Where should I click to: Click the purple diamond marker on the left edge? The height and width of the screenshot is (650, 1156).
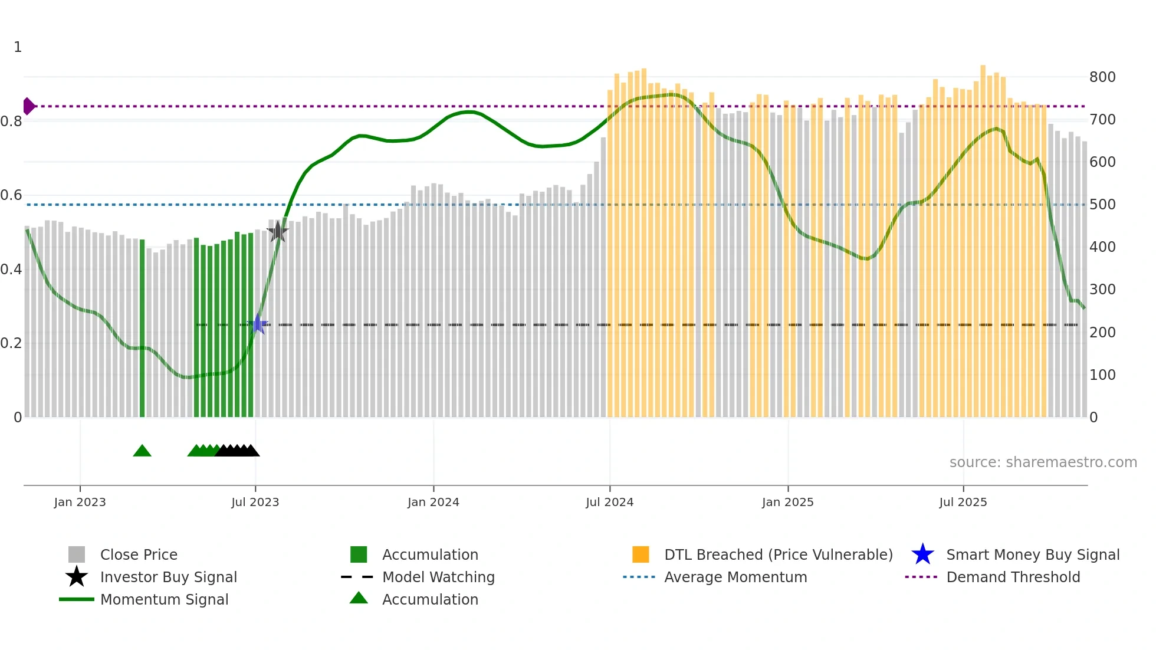[x=28, y=106]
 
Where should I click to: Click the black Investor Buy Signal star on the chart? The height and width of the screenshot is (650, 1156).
[x=277, y=232]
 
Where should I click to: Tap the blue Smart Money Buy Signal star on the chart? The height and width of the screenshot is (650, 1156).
[x=258, y=324]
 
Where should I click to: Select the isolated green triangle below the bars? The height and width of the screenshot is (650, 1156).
[x=142, y=451]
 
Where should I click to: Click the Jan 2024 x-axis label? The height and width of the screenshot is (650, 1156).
[x=433, y=503]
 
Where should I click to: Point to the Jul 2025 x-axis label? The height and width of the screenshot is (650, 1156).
[x=963, y=503]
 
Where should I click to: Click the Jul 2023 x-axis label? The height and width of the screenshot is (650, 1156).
[x=255, y=503]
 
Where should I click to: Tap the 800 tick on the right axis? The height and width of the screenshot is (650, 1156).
[x=1102, y=77]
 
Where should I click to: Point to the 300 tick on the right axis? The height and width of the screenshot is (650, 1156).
[x=1102, y=290]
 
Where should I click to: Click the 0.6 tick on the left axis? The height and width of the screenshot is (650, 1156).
[x=11, y=195]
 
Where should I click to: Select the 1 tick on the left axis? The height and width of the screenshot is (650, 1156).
[x=18, y=47]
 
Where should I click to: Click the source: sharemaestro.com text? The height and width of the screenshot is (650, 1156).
[x=1043, y=462]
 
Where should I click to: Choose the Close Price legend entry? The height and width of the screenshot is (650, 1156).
[x=139, y=555]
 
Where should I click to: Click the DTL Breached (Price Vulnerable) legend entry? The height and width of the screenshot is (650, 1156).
[x=778, y=555]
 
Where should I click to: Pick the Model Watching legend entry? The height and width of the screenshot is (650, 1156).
[x=438, y=577]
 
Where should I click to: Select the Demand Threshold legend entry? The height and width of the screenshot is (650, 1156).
[x=1013, y=577]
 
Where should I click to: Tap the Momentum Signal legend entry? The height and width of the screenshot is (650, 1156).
[x=164, y=600]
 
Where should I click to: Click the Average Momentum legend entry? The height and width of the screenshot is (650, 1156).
[x=735, y=577]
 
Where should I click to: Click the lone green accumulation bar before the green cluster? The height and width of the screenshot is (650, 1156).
[x=142, y=328]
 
